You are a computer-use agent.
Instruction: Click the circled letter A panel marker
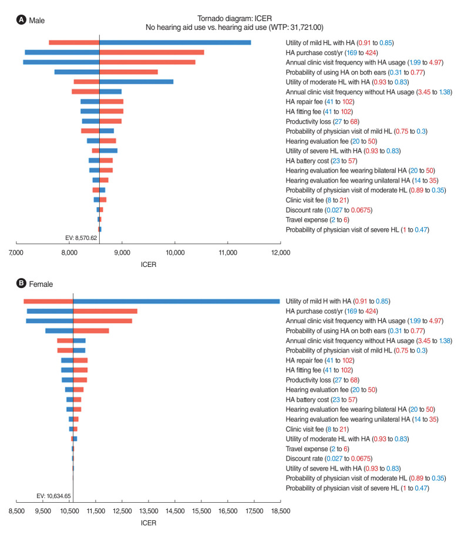pyautogui.click(x=22, y=20)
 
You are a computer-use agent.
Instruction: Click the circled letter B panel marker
pyautogui.click(x=22, y=284)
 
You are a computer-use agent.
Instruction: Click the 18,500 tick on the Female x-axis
pyautogui.click(x=280, y=511)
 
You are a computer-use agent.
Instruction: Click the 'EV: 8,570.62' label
pyautogui.click(x=81, y=238)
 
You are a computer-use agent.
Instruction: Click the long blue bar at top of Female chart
pyautogui.click(x=176, y=301)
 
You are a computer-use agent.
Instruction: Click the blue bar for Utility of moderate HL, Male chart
pyautogui.click(x=136, y=82)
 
